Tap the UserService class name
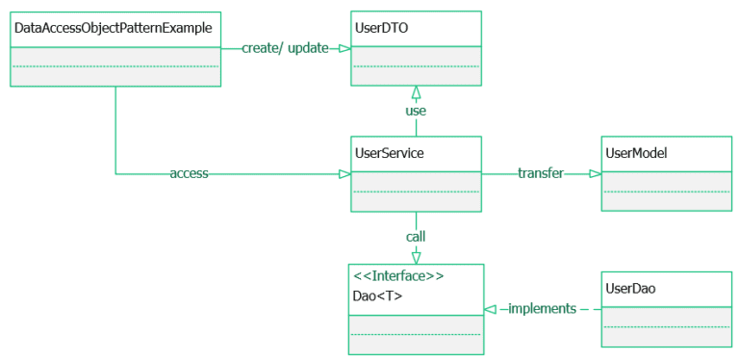tap(389, 152)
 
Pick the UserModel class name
tap(636, 152)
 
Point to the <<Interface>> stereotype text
tap(398, 276)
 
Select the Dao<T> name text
tap(377, 296)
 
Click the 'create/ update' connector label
tap(285, 48)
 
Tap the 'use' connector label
tap(416, 111)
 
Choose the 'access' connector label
tap(189, 174)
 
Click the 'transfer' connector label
tap(540, 174)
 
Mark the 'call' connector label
tap(416, 236)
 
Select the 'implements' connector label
tap(542, 309)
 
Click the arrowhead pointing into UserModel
tap(595, 174)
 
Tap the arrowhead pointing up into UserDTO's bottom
tap(416, 92)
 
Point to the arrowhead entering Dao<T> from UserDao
tap(490, 309)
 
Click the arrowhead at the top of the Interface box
tap(416, 257)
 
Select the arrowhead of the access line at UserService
tap(344, 174)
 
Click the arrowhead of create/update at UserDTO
tap(344, 48)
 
